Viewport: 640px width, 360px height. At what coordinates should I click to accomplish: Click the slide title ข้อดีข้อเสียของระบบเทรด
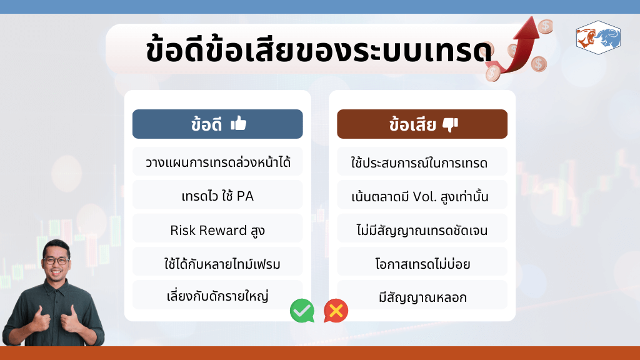pos(319,51)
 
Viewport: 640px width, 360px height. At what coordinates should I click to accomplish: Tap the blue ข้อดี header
pos(217,124)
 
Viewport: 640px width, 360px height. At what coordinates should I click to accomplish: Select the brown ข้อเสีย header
pos(422,124)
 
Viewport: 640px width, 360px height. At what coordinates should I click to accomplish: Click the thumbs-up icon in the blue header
pos(238,123)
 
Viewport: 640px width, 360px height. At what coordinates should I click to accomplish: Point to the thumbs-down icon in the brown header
pos(450,124)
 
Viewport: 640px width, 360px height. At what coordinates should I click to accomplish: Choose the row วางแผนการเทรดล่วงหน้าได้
pos(217,162)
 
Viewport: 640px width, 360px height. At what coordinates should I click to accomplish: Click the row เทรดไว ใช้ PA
pos(217,196)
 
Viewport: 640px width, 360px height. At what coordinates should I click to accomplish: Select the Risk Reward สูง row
pos(217,229)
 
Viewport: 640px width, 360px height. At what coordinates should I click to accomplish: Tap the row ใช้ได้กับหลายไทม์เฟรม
pos(217,262)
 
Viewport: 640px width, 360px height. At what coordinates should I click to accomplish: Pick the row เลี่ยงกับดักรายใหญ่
pos(217,296)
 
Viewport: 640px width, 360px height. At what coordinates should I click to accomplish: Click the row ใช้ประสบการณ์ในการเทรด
pos(422,162)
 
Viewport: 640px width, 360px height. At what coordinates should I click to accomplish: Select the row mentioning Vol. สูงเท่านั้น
pos(422,196)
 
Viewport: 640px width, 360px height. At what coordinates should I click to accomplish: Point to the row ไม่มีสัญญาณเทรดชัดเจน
pos(422,229)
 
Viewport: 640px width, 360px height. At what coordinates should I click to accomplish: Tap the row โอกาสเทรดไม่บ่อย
pos(422,262)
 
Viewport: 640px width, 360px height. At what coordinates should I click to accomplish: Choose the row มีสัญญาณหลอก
pos(422,296)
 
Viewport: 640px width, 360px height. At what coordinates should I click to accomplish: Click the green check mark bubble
pos(302,311)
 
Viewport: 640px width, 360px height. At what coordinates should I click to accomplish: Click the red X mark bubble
pos(336,311)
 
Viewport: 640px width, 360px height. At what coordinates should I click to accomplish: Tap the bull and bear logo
pos(598,37)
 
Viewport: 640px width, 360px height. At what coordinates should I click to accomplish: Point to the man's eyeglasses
pos(57,261)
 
